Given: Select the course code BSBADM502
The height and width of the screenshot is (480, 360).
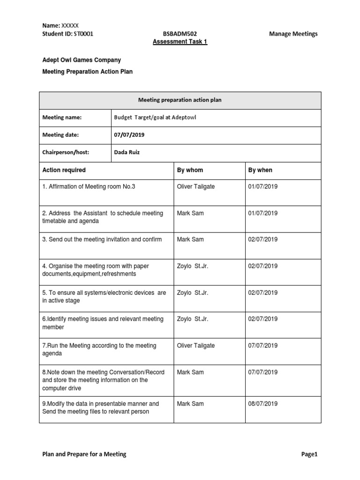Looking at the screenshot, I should coord(180,34).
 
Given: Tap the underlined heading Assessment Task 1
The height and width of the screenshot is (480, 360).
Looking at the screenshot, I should coord(180,42).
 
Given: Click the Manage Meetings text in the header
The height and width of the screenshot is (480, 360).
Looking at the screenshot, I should coord(293,34).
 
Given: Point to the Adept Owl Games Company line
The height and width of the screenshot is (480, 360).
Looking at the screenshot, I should coord(82,60).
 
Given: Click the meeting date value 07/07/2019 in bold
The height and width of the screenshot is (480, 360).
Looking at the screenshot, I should coord(129,135).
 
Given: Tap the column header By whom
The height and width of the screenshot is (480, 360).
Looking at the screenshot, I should coord(190,170).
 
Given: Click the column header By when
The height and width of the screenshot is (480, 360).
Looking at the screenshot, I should coord(260,170).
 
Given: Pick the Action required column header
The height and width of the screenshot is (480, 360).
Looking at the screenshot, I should coord(64,170).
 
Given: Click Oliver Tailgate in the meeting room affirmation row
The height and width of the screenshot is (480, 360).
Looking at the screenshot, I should coord(195,186).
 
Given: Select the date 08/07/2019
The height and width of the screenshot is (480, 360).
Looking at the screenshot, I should coord(263,404).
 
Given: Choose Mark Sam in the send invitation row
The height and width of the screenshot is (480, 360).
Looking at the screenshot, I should coord(190,239).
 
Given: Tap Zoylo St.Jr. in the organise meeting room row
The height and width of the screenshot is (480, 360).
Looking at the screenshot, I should coord(192,266).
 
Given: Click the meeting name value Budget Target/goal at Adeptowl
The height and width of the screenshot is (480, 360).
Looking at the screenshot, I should coord(155,117).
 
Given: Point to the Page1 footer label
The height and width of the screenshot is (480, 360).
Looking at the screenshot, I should coord(310,454).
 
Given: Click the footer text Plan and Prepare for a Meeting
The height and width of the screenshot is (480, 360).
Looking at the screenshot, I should coord(82,454).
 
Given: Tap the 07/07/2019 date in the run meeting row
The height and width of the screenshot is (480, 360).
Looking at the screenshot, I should coord(263,345).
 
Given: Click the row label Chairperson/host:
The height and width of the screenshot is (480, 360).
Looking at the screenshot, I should coord(66,152).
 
